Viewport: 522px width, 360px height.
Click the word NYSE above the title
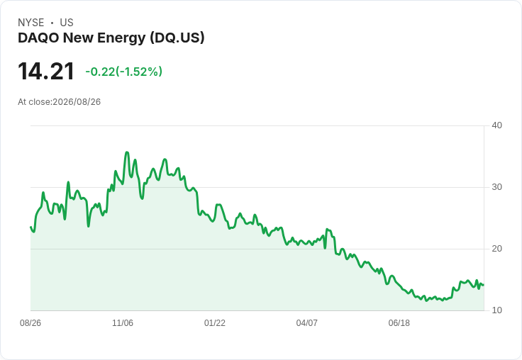coord(31,23)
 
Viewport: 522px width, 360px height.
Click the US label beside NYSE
coord(67,23)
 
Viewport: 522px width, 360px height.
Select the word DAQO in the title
coord(38,38)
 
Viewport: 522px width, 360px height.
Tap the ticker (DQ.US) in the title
coord(177,38)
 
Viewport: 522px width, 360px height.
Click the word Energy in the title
coord(121,38)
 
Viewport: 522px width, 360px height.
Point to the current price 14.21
coord(46,72)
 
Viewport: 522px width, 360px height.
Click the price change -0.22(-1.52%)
coord(124,72)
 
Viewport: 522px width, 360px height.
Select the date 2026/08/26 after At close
coord(77,102)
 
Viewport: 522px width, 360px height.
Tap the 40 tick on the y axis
coord(496,125)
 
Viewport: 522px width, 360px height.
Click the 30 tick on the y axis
coord(496,187)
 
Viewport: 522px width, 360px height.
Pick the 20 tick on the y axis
coord(496,249)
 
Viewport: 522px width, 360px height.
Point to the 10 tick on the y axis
coord(496,310)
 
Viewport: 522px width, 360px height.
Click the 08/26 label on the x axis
coord(30,322)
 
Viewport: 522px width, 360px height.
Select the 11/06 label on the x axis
coord(123,322)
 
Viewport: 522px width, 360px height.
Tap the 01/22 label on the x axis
coord(215,322)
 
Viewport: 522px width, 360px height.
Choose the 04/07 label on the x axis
coord(306,322)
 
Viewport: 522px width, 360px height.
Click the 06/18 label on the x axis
coord(399,322)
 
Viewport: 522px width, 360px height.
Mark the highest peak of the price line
coord(127,152)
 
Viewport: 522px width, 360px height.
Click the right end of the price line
coord(483,285)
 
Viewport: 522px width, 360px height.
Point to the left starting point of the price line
coord(31,227)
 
